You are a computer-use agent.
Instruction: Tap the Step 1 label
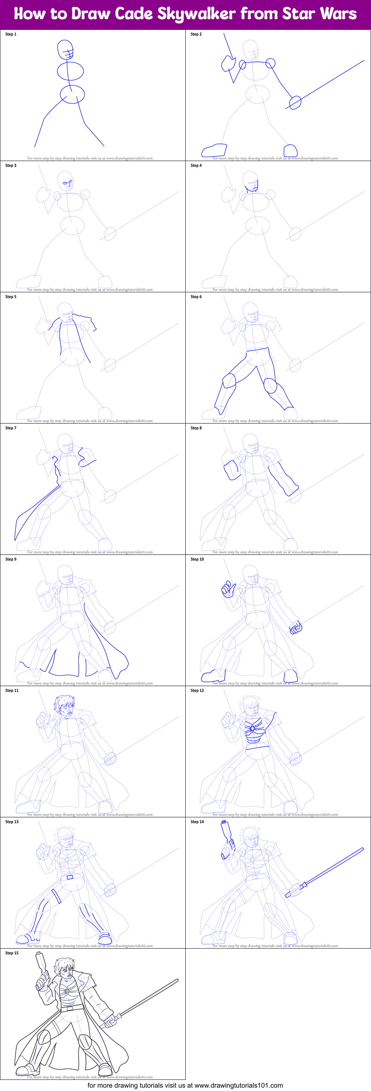coord(10,34)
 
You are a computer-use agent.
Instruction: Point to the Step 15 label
coord(12,953)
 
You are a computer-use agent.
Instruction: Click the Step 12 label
coord(197,691)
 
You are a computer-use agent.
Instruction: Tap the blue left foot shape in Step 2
coord(214,150)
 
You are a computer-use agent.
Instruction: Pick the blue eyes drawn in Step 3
coord(67,184)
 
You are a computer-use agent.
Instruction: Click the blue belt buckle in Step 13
coord(70,877)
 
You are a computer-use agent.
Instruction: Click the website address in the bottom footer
coord(238,1085)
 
